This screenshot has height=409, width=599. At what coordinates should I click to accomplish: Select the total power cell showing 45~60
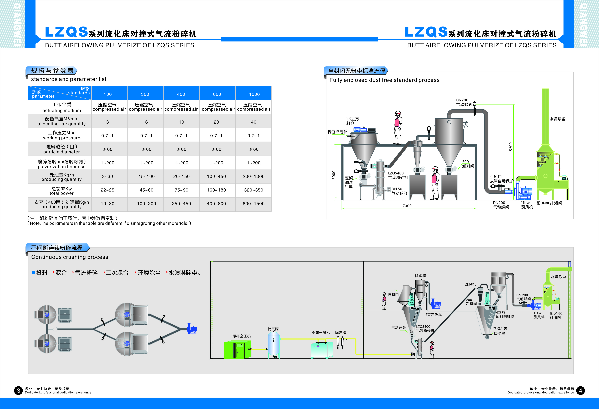tap(146, 190)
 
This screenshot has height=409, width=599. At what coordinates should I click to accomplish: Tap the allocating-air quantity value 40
tap(254, 122)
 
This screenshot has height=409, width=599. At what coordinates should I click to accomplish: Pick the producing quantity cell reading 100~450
tap(216, 176)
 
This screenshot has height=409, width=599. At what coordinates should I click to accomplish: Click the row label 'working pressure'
tap(62, 138)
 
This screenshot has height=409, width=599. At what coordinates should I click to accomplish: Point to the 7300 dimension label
tap(407, 206)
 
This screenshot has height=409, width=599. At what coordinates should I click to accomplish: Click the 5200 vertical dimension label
tap(511, 147)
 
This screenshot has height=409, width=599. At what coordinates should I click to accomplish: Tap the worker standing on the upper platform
tap(398, 127)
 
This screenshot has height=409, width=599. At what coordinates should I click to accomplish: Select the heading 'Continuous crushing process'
tap(70, 257)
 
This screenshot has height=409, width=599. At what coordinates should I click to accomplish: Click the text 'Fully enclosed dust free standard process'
tap(384, 80)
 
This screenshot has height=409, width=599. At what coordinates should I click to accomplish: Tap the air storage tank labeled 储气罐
tap(273, 345)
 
